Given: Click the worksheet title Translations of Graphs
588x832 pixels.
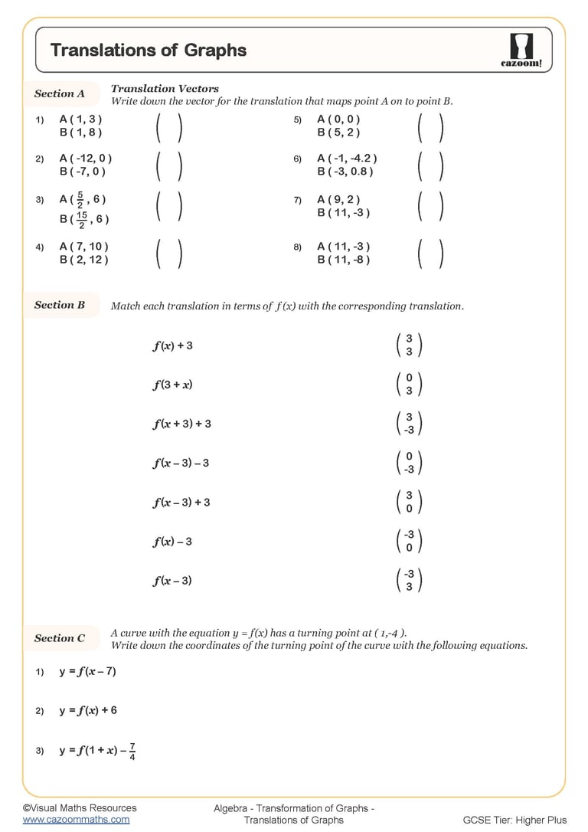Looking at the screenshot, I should pyautogui.click(x=149, y=51).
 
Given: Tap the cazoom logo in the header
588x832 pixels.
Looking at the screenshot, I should pyautogui.click(x=521, y=51).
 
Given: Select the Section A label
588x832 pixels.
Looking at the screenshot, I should pyautogui.click(x=60, y=93).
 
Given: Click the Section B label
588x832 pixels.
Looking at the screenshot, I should pyautogui.click(x=60, y=305).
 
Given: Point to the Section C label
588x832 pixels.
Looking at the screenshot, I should pyautogui.click(x=60, y=638).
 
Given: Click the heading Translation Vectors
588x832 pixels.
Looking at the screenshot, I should pyautogui.click(x=165, y=89).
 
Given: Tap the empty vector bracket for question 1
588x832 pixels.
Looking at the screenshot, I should pyautogui.click(x=168, y=126).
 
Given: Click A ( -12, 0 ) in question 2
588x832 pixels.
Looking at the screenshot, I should pyautogui.click(x=86, y=159).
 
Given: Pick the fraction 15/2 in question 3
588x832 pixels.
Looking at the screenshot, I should pyautogui.click(x=82, y=220).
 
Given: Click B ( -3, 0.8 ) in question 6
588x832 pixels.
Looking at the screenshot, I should pyautogui.click(x=345, y=172).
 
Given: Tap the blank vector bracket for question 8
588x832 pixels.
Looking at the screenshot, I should pyautogui.click(x=430, y=254).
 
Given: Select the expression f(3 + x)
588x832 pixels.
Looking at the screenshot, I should pyautogui.click(x=172, y=384).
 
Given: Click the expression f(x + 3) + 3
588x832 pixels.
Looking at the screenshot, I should pyautogui.click(x=181, y=424).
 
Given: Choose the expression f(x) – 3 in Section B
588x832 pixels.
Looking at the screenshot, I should pyautogui.click(x=172, y=542).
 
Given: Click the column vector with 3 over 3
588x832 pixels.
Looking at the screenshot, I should pyautogui.click(x=409, y=345).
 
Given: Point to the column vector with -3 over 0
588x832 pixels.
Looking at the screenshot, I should pyautogui.click(x=409, y=541).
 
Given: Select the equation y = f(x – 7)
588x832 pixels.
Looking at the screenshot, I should pyautogui.click(x=87, y=672).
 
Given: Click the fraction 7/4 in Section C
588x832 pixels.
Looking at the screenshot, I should pyautogui.click(x=132, y=752).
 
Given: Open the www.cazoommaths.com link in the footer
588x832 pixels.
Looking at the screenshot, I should pyautogui.click(x=76, y=819).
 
